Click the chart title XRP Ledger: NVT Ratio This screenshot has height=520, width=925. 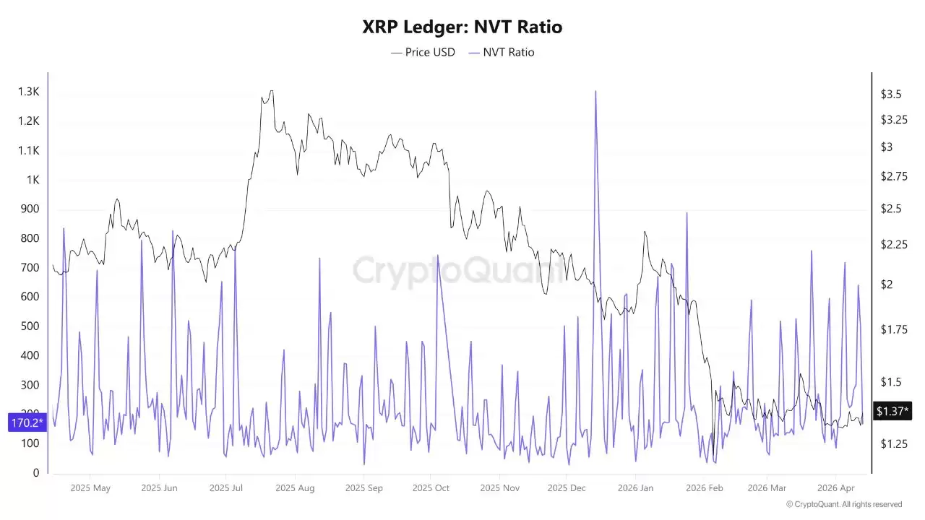click(x=462, y=27)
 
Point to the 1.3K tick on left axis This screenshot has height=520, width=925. click(x=29, y=92)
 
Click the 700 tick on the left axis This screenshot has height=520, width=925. click(x=30, y=268)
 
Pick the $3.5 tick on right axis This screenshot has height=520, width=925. click(x=890, y=95)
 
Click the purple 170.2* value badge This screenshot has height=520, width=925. click(x=27, y=422)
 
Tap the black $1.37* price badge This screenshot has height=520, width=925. click(x=892, y=411)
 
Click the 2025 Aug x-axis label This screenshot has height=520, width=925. click(x=295, y=488)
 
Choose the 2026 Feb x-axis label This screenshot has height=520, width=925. click(x=705, y=488)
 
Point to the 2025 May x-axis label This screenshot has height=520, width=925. click(x=90, y=488)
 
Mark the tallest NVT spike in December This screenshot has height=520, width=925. click(x=595, y=92)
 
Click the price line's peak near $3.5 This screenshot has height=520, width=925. click(x=271, y=91)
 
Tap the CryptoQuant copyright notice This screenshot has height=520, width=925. click(x=843, y=504)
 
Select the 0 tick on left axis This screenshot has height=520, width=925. click(x=36, y=473)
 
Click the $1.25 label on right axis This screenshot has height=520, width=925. click(x=893, y=443)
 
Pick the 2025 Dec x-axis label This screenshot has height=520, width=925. click(x=567, y=488)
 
